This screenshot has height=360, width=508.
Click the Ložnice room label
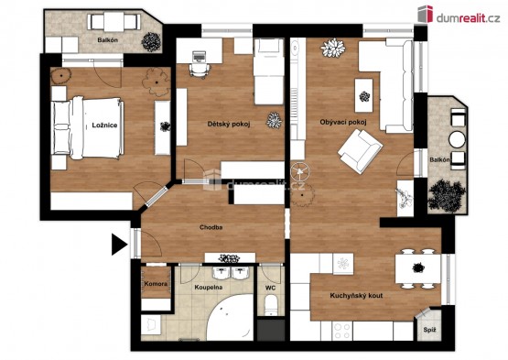pos(104,125)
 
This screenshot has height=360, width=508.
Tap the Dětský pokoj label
pos(229,124)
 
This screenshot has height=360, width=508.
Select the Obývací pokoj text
pos(343,122)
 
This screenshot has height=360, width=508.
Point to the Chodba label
pos(211,227)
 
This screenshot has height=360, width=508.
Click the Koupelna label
pos(209,288)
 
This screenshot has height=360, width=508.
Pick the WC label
pos(271,288)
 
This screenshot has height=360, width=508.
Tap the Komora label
pos(156,284)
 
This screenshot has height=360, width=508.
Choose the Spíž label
pos(429,330)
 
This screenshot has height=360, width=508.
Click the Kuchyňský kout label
pos(356,296)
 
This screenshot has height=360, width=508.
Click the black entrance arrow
pos(120,245)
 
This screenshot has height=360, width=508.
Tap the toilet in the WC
pos(271,306)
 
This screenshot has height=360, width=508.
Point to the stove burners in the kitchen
pos(342,331)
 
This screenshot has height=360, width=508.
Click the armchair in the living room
pos(360,151)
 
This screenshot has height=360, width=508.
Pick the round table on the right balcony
pos(457,140)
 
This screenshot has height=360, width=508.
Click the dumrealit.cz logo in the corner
pos(459,15)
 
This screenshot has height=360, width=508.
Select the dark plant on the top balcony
pos(151,42)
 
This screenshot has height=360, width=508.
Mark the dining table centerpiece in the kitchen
pos(418,267)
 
